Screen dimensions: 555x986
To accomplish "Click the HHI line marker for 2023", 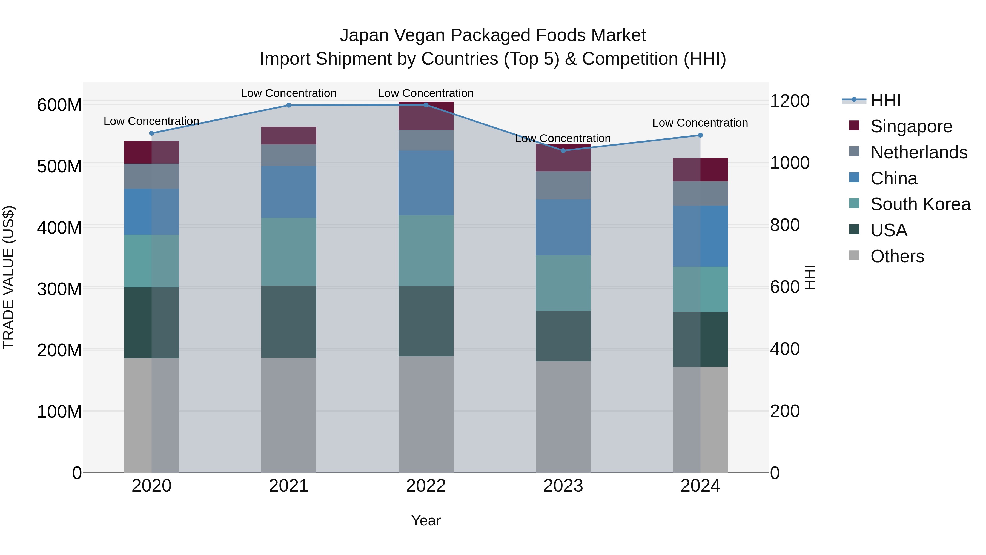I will coord(563,150).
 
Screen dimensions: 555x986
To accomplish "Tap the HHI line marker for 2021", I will coord(289,105).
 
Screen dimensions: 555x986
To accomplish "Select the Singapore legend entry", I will coord(911,126).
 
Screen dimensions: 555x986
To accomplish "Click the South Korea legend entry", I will coord(920,204).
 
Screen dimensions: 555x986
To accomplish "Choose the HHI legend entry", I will coord(885,100).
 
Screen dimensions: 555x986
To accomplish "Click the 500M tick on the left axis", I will coord(59,167).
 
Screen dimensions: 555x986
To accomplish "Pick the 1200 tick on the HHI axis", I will coord(790,101).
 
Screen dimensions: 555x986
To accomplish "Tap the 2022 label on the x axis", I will coord(426,486).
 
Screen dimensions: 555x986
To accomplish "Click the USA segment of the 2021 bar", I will coord(289,322).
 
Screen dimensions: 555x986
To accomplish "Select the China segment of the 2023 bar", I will coord(563,227).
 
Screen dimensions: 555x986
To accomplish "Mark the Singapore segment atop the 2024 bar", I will coord(700,170).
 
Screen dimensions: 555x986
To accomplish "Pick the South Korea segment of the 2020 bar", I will coord(151,261).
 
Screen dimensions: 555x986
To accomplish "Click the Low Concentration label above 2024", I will coord(700,123).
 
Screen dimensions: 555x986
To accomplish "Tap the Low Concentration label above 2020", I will coord(151,121).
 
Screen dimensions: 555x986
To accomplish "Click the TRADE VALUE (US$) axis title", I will coord(9,277).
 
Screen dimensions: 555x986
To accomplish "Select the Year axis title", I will coord(426,520).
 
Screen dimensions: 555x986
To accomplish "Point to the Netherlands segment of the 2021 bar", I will coord(289,155).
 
